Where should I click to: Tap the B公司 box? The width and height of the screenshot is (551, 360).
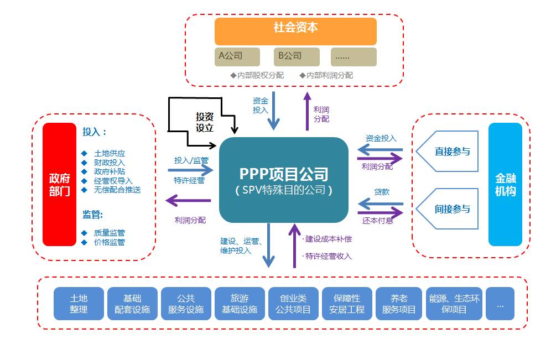click(x=296, y=56)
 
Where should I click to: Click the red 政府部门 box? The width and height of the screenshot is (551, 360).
click(x=59, y=184)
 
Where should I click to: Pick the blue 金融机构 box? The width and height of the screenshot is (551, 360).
click(x=505, y=184)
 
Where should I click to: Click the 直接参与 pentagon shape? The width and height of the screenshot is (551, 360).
click(x=448, y=152)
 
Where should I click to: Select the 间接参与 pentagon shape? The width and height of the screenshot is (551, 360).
click(x=448, y=209)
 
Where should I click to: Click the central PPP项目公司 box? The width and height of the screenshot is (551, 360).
click(x=284, y=180)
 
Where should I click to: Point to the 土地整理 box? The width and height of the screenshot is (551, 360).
click(x=79, y=304)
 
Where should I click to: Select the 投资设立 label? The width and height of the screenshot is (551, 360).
click(x=204, y=122)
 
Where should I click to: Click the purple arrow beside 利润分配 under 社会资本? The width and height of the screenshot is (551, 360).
click(x=307, y=111)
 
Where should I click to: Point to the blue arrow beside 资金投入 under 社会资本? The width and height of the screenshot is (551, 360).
click(x=275, y=113)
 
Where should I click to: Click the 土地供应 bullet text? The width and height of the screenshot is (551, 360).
click(x=110, y=153)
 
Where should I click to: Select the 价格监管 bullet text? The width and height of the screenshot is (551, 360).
click(x=110, y=242)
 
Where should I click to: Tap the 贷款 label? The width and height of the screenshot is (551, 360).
click(x=382, y=192)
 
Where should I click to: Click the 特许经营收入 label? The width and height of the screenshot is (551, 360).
click(x=329, y=256)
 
